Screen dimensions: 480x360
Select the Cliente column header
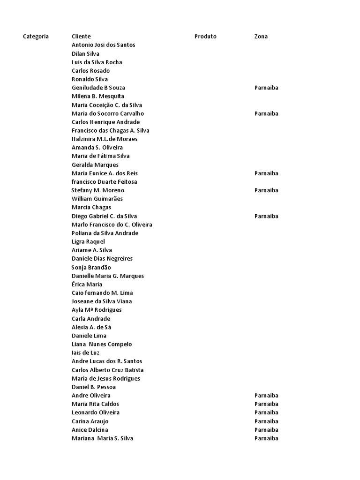(81, 37)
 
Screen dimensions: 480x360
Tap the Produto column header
(205, 37)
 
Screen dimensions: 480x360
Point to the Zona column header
(261, 37)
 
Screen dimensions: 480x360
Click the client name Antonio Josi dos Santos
(103, 45)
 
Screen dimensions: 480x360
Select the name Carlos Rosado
(90, 71)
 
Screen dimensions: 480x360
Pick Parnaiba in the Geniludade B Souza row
(266, 88)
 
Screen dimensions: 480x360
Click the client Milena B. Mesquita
(98, 96)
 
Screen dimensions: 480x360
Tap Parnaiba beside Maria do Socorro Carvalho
(266, 113)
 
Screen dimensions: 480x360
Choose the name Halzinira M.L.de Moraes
(105, 139)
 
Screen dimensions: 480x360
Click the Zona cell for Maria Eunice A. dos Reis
(266, 173)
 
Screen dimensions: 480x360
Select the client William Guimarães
(97, 199)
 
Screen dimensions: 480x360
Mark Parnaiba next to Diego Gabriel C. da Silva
(266, 216)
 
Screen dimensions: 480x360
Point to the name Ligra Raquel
(88, 241)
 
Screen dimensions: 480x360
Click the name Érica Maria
(87, 284)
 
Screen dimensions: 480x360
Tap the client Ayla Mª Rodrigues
(97, 310)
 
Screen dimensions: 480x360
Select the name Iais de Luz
(85, 352)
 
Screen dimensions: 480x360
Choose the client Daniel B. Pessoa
(93, 387)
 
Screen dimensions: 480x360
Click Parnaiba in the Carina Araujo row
(266, 421)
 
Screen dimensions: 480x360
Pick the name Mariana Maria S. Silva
(102, 438)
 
